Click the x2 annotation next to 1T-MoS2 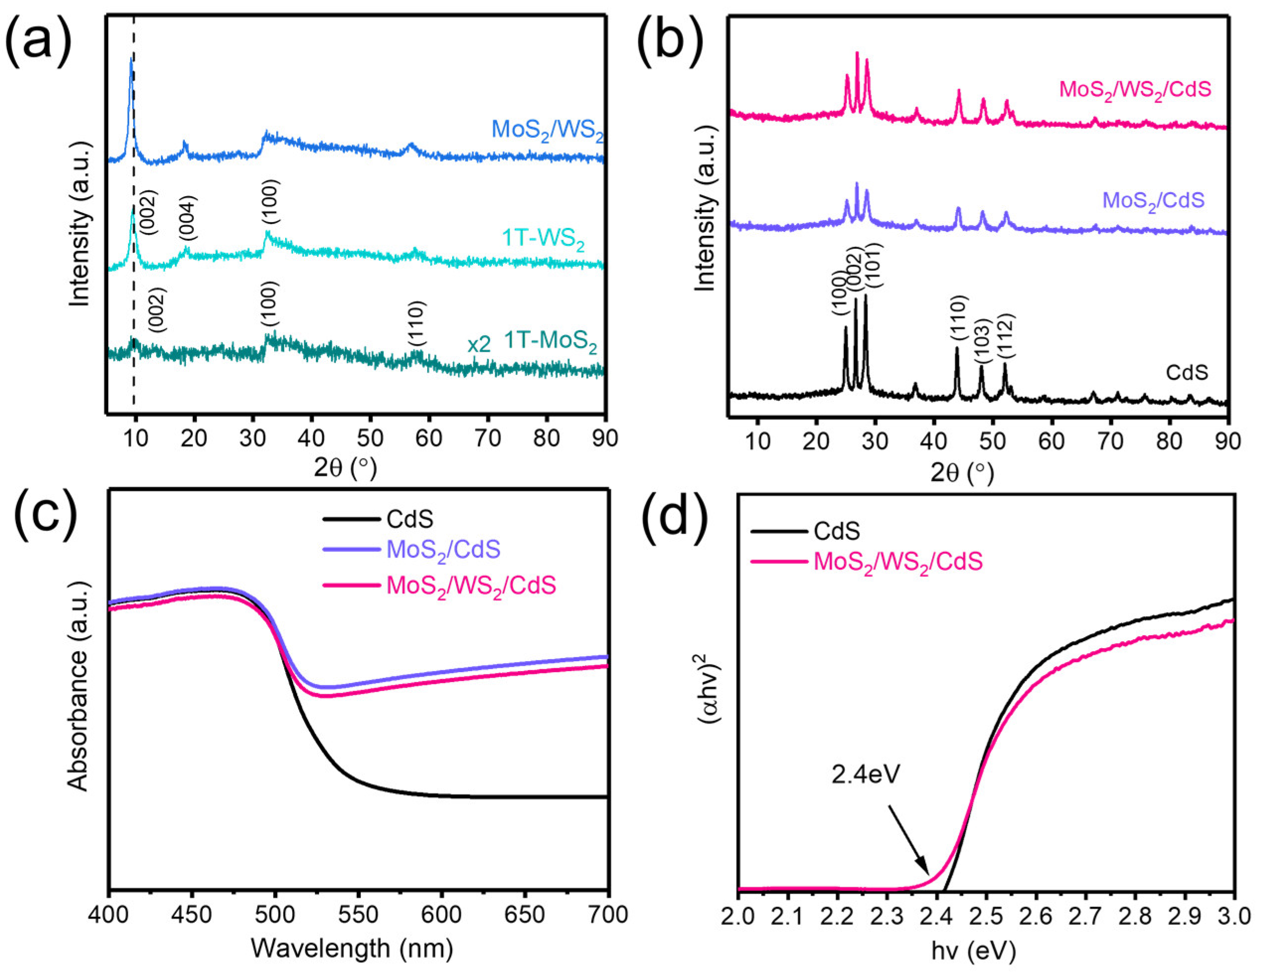[478, 345]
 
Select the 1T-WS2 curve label [543, 239]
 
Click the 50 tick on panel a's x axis [370, 438]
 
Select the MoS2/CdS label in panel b [1153, 201]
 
